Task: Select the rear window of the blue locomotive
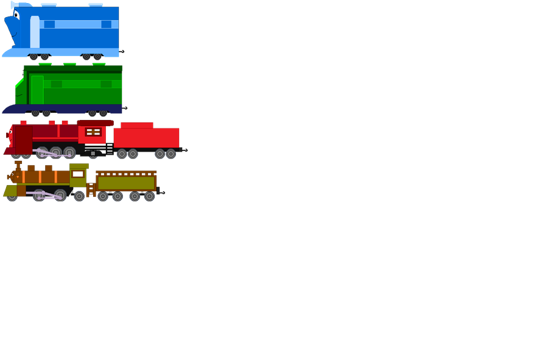click(x=106, y=24)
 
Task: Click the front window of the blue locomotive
click(x=49, y=24)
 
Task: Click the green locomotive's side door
click(x=38, y=88)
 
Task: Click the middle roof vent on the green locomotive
click(x=69, y=63)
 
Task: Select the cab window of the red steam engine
click(x=93, y=132)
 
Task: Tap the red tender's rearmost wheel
click(x=171, y=154)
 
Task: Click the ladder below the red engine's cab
click(x=92, y=151)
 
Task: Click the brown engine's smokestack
click(x=18, y=166)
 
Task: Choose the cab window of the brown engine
click(x=78, y=174)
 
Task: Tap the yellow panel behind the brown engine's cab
click(x=91, y=175)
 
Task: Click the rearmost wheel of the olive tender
click(x=149, y=196)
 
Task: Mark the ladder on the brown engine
click(x=91, y=189)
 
